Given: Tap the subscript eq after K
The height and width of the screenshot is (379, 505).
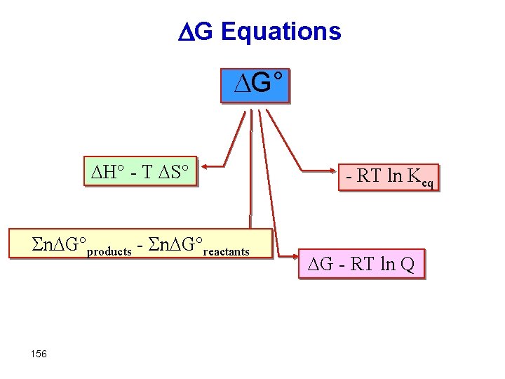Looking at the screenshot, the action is pyautogui.click(x=429, y=184).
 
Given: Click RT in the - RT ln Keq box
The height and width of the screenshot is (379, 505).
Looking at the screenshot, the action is pyautogui.click(x=369, y=176).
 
